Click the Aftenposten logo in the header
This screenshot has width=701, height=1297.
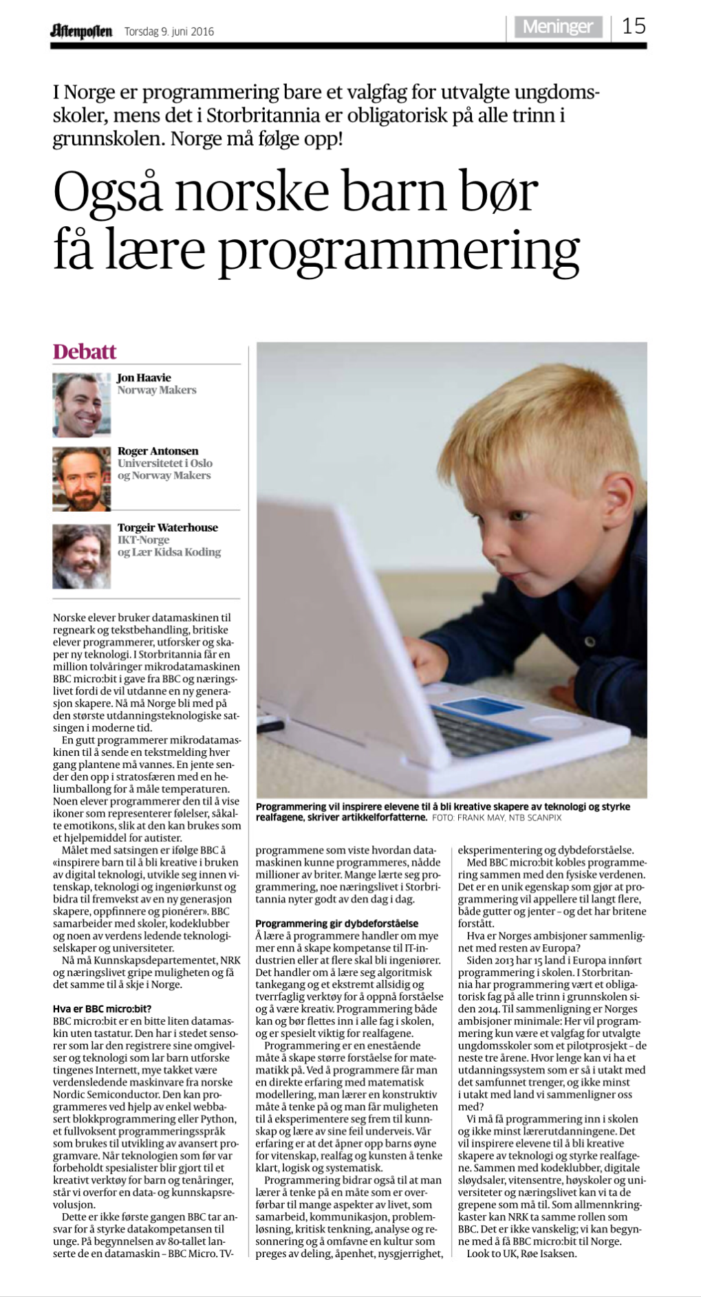(80, 31)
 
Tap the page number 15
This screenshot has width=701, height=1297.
(634, 27)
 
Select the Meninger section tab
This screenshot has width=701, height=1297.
(557, 27)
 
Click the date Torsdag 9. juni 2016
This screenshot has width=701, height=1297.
(169, 32)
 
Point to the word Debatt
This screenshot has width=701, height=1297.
(85, 351)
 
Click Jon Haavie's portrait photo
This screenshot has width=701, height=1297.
(81, 405)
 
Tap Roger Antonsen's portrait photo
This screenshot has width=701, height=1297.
(81, 479)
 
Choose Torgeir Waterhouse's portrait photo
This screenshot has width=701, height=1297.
(81, 556)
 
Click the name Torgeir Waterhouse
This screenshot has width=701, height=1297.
(167, 527)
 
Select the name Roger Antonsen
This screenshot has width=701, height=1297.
(158, 451)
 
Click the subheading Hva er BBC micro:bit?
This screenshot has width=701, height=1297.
(103, 1009)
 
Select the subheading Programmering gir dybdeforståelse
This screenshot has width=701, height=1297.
(336, 924)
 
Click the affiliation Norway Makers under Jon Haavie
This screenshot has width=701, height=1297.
(157, 390)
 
